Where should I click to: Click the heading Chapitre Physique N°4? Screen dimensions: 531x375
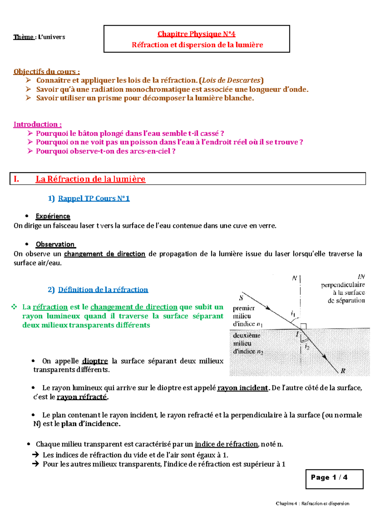click(196, 34)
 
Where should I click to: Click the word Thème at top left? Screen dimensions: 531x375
click(23, 37)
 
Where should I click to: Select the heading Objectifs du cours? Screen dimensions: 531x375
click(46, 72)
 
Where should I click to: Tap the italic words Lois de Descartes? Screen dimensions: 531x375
click(231, 80)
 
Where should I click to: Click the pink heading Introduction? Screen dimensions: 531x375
click(37, 124)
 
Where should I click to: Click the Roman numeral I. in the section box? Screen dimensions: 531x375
click(16, 179)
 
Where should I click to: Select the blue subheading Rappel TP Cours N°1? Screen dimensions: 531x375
click(94, 198)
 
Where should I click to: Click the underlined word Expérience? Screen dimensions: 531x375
click(53, 216)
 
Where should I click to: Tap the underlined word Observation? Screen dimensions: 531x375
click(55, 244)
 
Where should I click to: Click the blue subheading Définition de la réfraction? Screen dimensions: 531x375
click(103, 290)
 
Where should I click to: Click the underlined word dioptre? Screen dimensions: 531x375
click(95, 361)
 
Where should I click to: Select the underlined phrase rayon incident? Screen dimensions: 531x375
click(242, 388)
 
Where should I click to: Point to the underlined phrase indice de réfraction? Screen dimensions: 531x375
click(226, 444)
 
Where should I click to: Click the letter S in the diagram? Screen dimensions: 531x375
click(241, 298)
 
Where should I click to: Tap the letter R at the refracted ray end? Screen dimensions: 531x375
click(343, 371)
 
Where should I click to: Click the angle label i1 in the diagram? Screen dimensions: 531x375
click(293, 313)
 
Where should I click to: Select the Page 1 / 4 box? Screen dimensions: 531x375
click(334, 479)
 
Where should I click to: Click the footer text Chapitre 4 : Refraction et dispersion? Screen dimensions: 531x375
click(312, 503)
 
